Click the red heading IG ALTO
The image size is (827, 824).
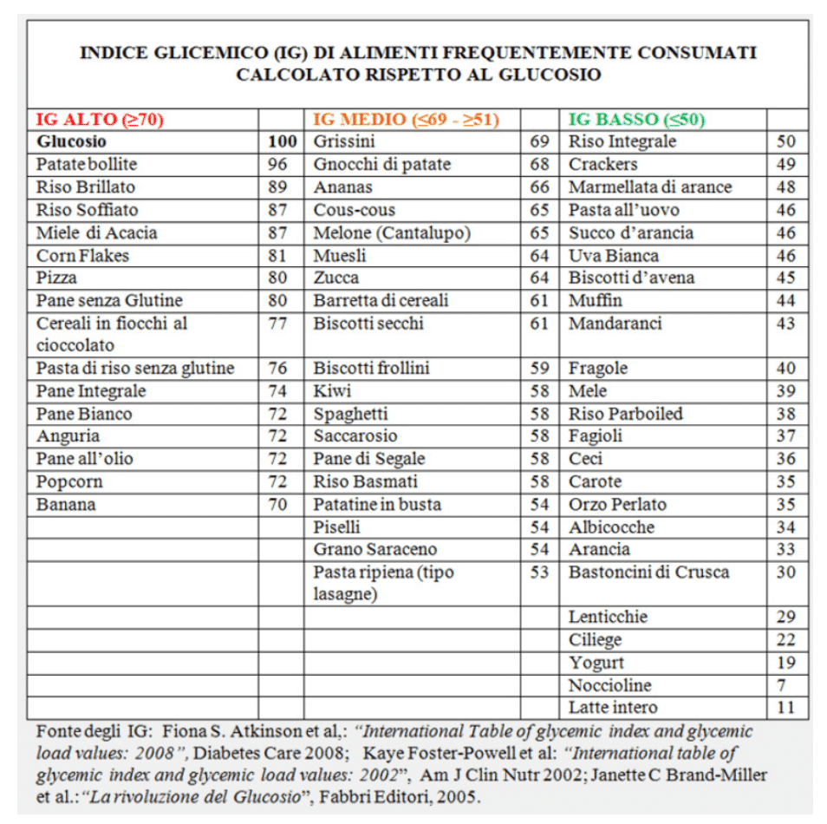coord(101,120)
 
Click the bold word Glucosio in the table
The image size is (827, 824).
coord(72,141)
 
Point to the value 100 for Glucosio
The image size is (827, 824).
coord(282,141)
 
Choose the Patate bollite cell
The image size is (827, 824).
coord(87,164)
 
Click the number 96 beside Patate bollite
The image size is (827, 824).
coord(277,164)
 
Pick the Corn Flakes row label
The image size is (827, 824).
coord(82,255)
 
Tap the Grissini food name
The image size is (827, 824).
coord(344,141)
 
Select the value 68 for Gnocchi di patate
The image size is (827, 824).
coord(539,164)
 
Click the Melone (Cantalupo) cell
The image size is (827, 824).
coord(392,232)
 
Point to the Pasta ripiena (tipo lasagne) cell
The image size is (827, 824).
coord(383,583)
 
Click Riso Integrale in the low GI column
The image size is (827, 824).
coord(622,141)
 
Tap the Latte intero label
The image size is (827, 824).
coord(613,708)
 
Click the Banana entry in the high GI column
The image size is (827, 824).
coord(66,504)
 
